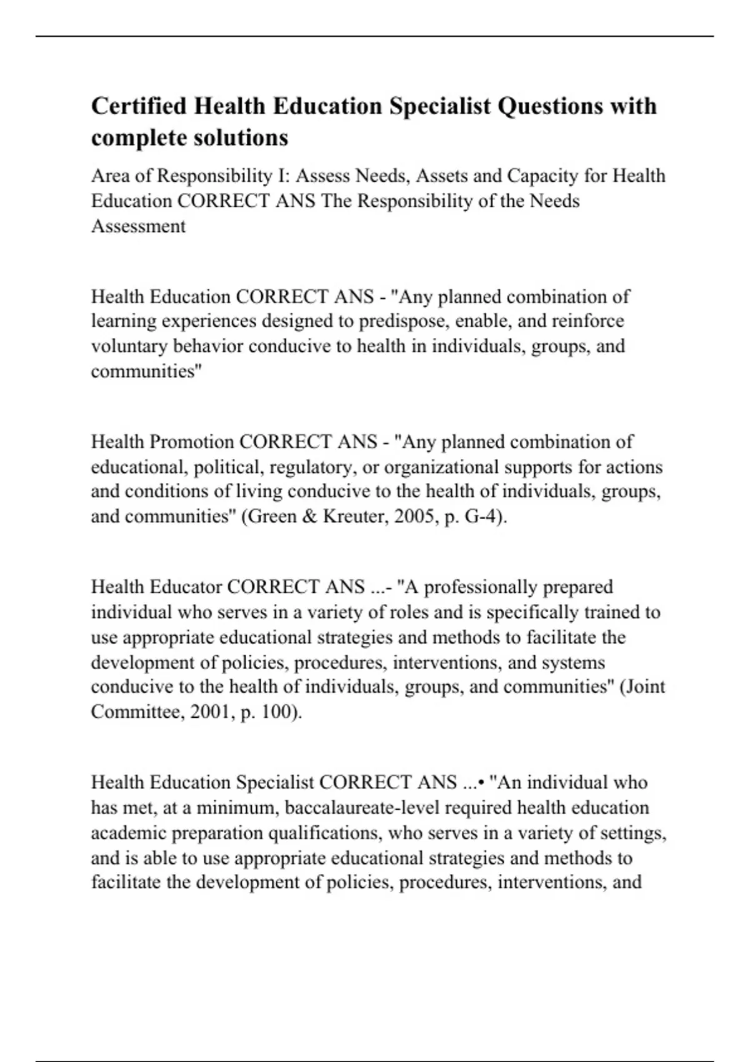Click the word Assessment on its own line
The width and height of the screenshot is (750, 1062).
(138, 226)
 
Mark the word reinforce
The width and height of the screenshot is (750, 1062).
(584, 321)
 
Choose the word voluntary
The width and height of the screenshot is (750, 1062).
(129, 346)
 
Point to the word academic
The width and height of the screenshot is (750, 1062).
(129, 833)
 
